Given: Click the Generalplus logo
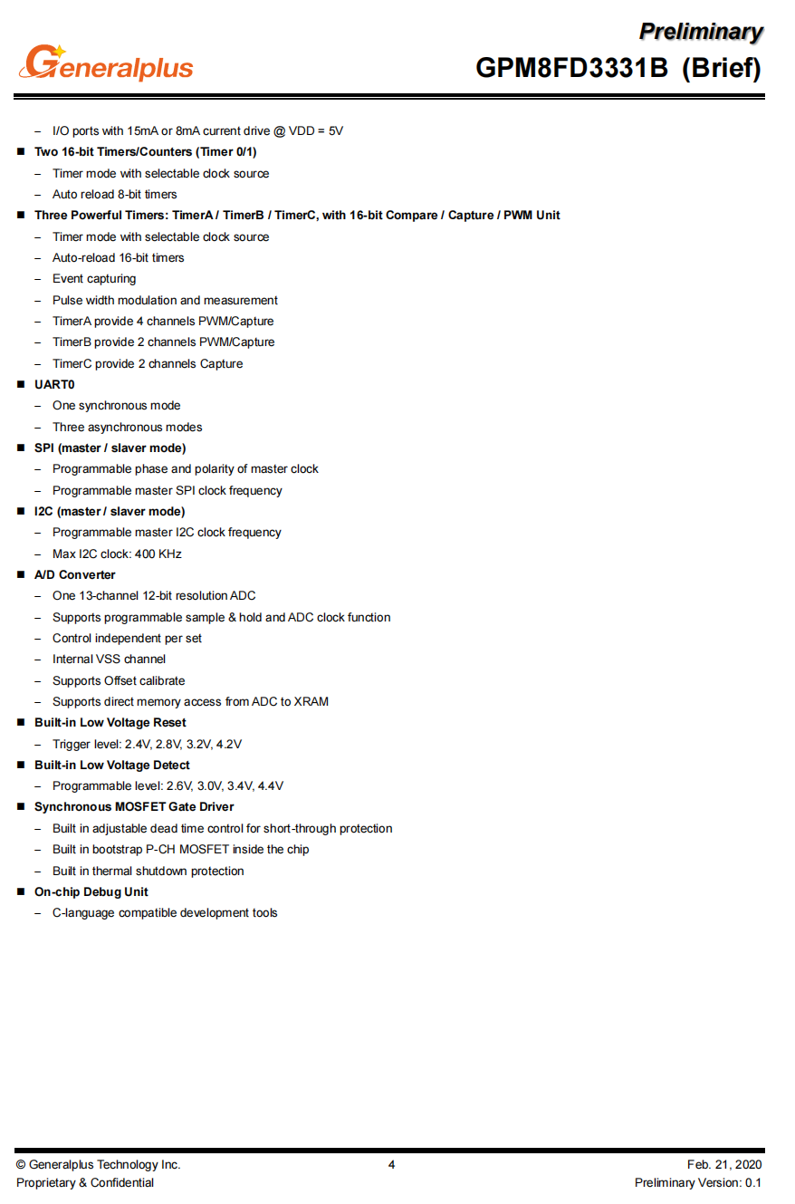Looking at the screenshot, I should point(105,63).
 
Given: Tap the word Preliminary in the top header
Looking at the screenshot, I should point(701,32).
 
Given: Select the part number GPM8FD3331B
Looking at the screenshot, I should point(571,68).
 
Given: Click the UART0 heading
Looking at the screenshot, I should point(54,385).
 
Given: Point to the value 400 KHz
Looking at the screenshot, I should point(158,554).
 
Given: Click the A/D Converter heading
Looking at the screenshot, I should point(74,575).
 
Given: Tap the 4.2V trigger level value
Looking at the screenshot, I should point(229,745).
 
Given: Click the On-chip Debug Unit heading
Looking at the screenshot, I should point(91,892).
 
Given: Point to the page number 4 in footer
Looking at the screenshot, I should point(391,1165).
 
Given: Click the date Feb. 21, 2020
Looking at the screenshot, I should point(724,1165).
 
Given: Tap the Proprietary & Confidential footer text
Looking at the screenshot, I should point(85,1183).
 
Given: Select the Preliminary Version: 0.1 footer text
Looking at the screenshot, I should point(698,1183).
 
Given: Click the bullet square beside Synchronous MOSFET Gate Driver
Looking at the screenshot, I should point(21,807).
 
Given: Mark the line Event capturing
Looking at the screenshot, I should point(94,279).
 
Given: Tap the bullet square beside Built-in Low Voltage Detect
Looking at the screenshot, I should point(21,766).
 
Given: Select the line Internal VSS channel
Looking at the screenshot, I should point(109,660).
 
